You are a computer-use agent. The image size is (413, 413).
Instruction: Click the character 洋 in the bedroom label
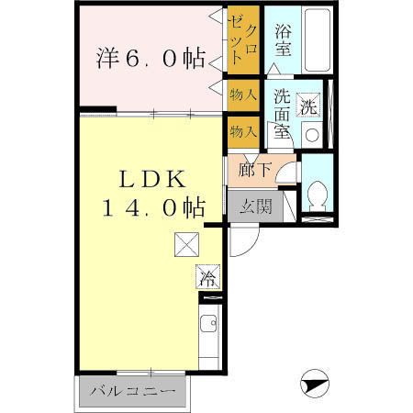(x=107, y=58)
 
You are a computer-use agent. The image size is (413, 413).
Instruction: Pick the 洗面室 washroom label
(x=281, y=112)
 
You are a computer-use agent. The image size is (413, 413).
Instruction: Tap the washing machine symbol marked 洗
(x=309, y=106)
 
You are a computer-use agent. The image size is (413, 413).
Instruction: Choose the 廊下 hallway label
(x=250, y=169)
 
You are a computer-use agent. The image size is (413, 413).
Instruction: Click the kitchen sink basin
(x=209, y=323)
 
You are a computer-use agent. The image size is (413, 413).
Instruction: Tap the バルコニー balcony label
(x=132, y=392)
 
